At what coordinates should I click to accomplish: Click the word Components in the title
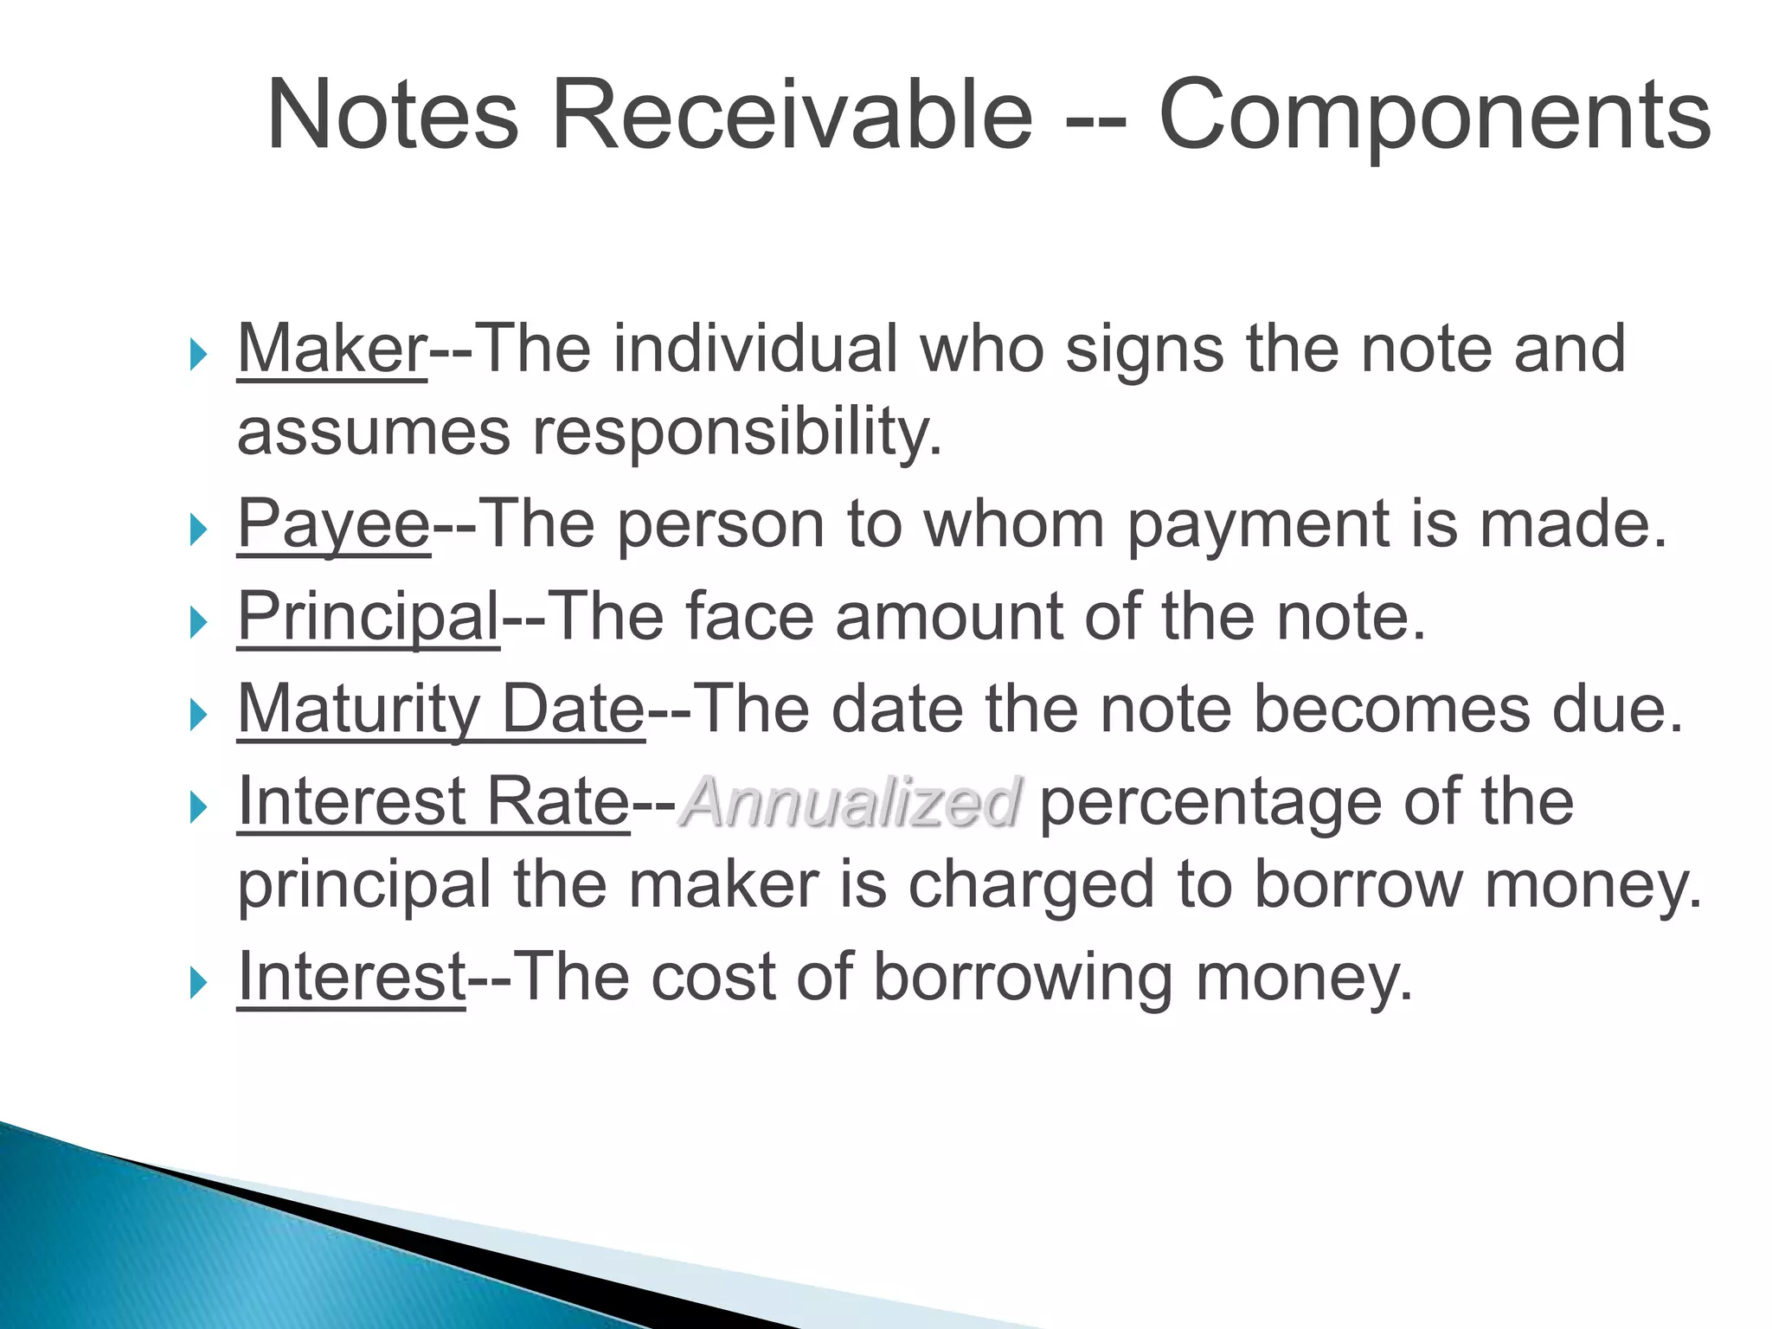click(x=1434, y=117)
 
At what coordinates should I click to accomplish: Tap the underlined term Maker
click(x=332, y=349)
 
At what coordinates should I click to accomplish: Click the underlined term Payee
click(x=334, y=524)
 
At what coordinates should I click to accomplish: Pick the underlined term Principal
click(x=369, y=618)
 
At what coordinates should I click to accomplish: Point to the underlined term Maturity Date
click(x=441, y=709)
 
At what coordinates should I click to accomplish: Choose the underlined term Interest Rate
click(x=433, y=801)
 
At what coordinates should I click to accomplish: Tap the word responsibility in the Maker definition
click(x=735, y=431)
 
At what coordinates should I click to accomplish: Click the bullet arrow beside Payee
click(x=199, y=529)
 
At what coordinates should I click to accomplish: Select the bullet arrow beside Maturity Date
click(x=199, y=715)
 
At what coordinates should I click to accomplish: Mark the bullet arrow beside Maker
click(x=199, y=354)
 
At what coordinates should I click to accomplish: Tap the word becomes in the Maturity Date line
click(x=1391, y=709)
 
